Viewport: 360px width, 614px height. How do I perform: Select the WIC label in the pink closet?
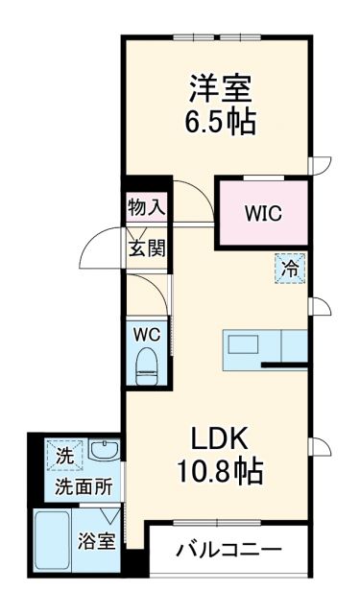pos(262,213)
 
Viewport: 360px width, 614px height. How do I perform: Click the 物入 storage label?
pos(147,205)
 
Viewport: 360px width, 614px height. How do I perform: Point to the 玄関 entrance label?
pos(147,248)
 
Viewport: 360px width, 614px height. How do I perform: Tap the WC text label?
pos(146,335)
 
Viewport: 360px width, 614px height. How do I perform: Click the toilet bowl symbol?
pos(147,366)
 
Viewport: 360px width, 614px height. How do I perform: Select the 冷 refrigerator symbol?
pos(289,269)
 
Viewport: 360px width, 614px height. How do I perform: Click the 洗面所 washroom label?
pos(83,486)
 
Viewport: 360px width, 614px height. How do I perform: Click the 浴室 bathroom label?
pos(98,540)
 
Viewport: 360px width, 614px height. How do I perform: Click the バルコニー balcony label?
pos(229,552)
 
